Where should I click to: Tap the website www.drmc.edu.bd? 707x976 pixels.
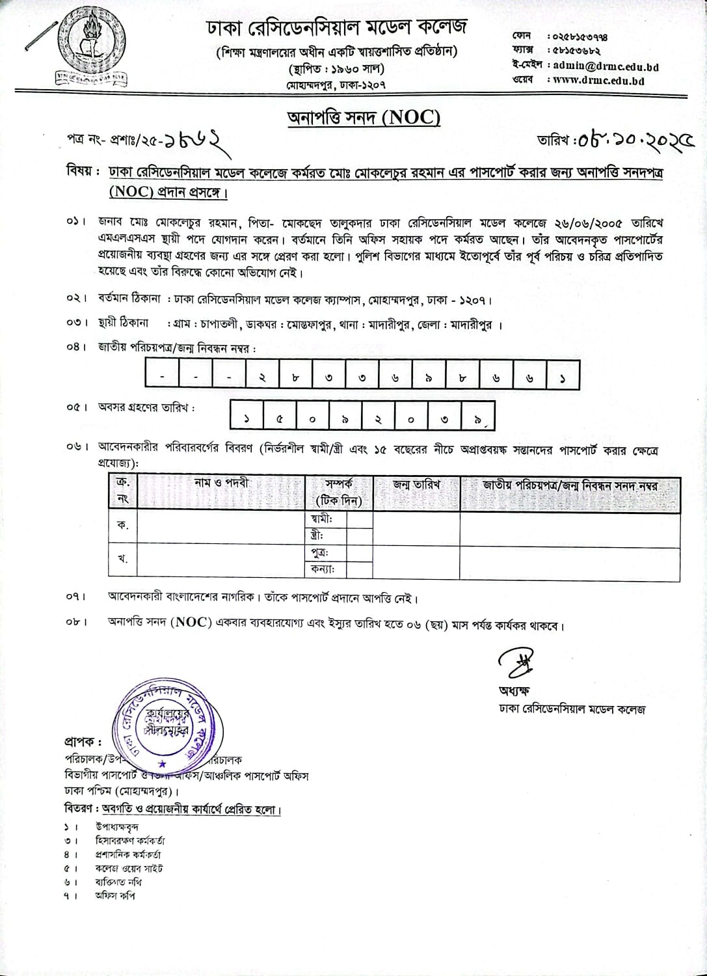tap(598, 81)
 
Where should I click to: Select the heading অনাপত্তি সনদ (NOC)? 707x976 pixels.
tap(364, 118)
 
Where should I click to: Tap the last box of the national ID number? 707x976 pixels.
tap(562, 377)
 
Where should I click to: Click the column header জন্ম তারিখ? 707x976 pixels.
tap(416, 485)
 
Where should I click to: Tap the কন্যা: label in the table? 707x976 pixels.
tap(323, 569)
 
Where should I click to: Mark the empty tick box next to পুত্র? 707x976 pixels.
tap(359, 553)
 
